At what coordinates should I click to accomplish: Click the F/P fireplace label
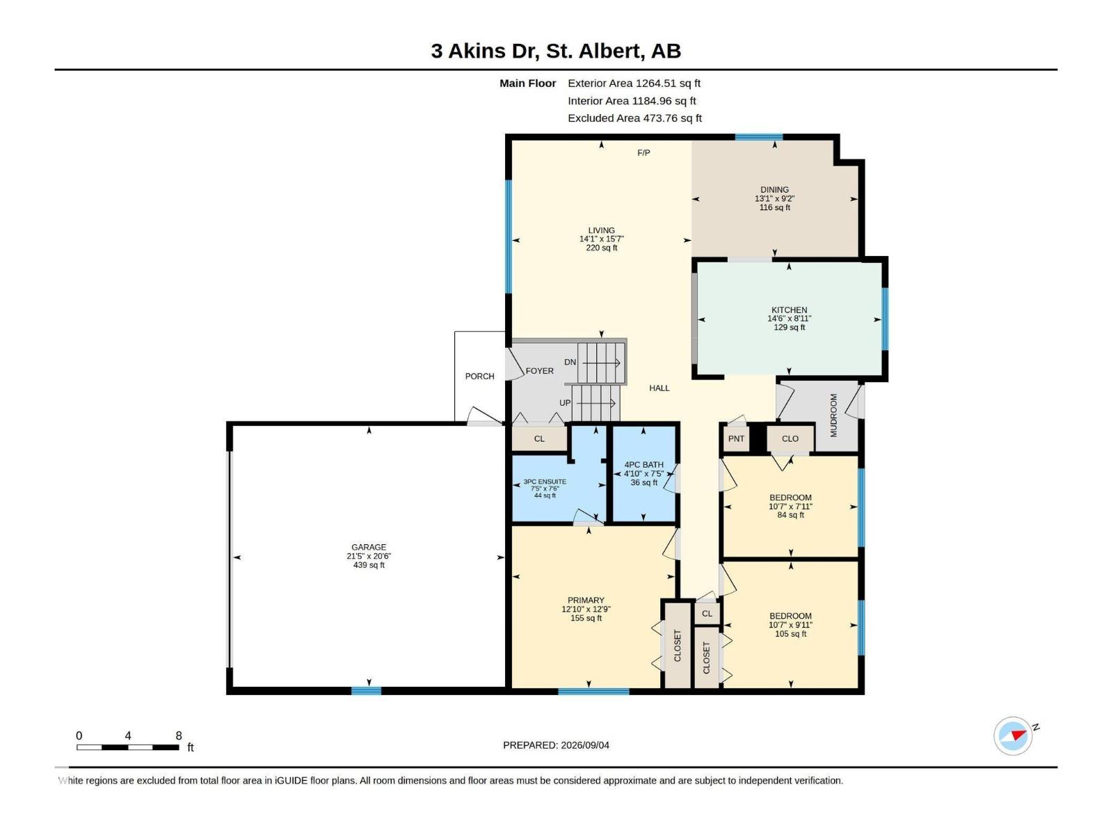[x=643, y=152]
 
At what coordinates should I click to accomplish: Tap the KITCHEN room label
[x=789, y=310]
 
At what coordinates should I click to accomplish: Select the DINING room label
[x=774, y=189]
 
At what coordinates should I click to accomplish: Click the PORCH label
[x=479, y=376]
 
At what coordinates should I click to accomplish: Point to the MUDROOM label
[x=833, y=415]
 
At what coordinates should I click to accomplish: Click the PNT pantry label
[x=736, y=438]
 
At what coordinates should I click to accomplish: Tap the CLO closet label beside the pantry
[x=790, y=438]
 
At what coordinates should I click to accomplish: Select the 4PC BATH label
[x=643, y=464]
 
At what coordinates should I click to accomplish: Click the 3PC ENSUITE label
[x=545, y=482]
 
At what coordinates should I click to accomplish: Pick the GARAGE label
[x=369, y=547]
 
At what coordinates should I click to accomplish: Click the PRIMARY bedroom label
[x=586, y=600]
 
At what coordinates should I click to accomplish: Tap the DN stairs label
[x=570, y=362]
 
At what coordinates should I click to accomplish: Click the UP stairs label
[x=565, y=403]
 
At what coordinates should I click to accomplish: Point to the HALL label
[x=659, y=388]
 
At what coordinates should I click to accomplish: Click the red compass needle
[x=1018, y=735]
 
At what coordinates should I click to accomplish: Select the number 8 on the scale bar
[x=179, y=735]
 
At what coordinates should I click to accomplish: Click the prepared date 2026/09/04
[x=584, y=745]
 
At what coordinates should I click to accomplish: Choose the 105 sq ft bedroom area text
[x=790, y=634]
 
